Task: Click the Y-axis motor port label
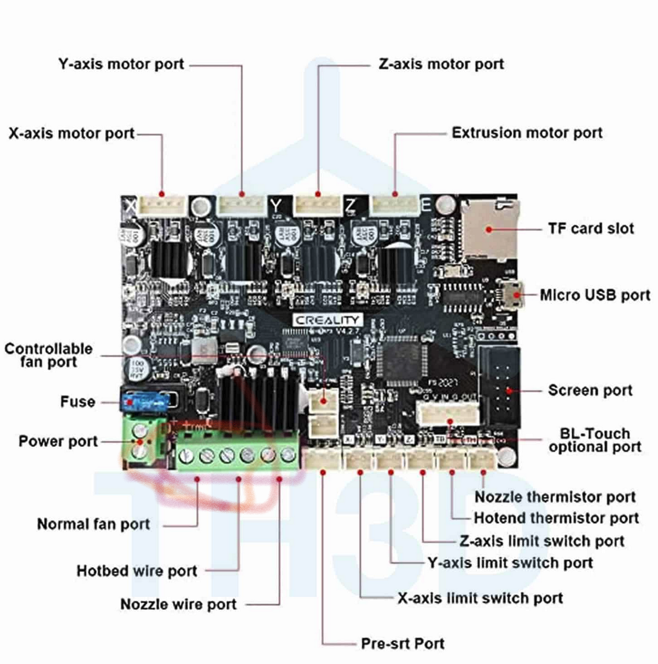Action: pyautogui.click(x=121, y=64)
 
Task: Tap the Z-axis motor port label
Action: pyautogui.click(x=441, y=64)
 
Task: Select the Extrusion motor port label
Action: pyautogui.click(x=527, y=133)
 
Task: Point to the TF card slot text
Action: pyautogui.click(x=591, y=229)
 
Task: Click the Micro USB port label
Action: pyautogui.click(x=595, y=295)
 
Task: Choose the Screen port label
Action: pyautogui.click(x=590, y=390)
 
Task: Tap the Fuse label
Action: pyautogui.click(x=78, y=401)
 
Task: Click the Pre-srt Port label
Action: pyautogui.click(x=403, y=643)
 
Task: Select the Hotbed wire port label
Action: pyautogui.click(x=137, y=571)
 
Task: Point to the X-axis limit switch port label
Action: pyautogui.click(x=480, y=598)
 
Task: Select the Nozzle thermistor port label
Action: pyautogui.click(x=555, y=497)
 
